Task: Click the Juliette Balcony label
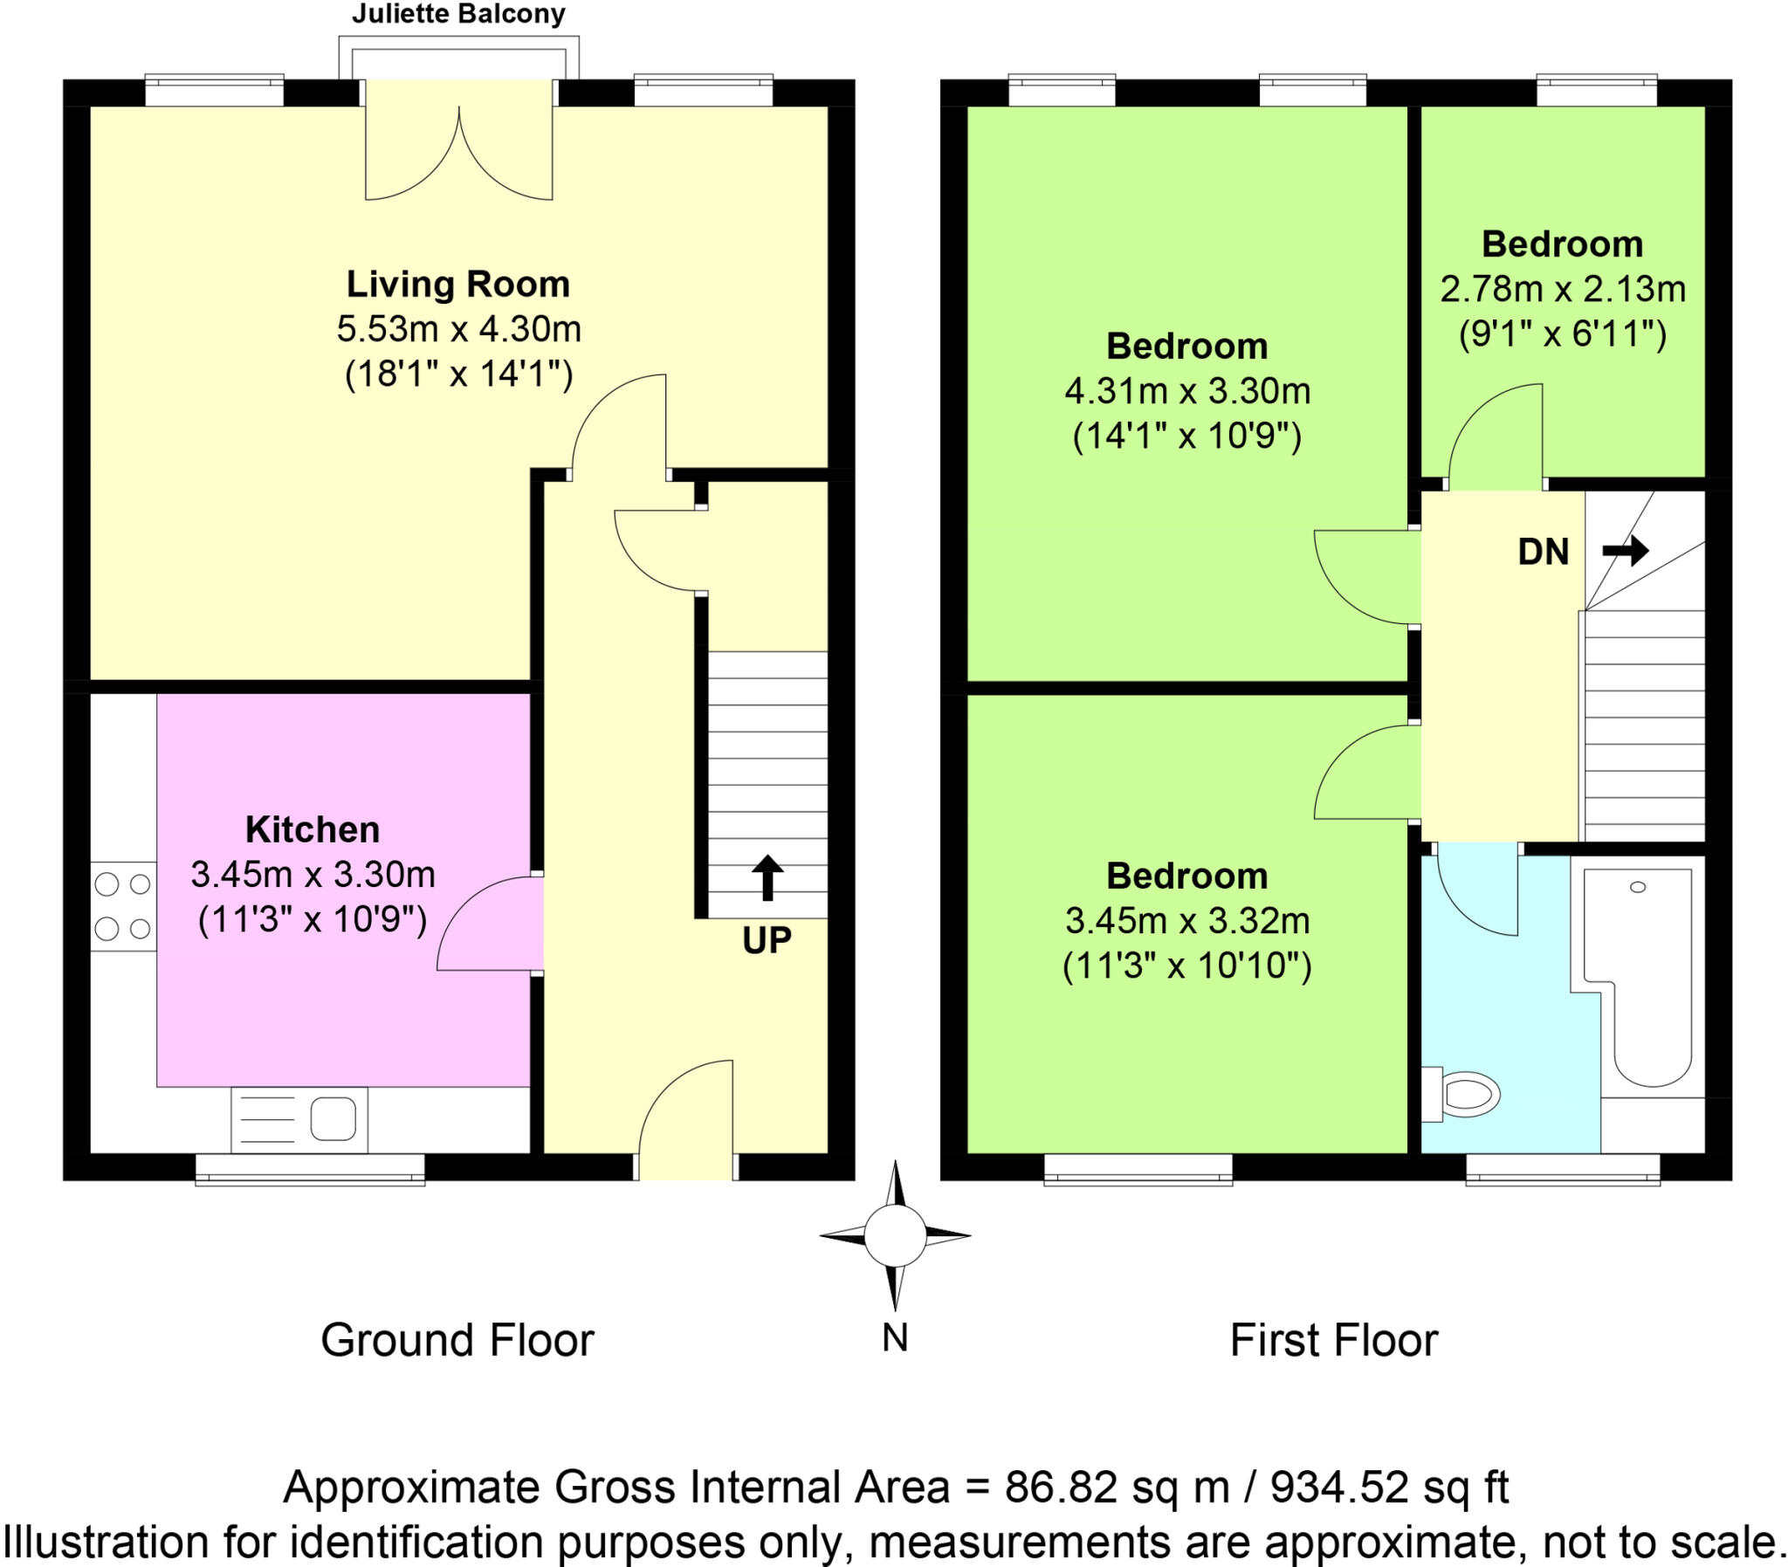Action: [458, 14]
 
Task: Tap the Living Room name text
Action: [458, 285]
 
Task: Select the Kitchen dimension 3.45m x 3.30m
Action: [313, 874]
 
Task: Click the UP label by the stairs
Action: [767, 940]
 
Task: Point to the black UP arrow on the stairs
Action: [767, 877]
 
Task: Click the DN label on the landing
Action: [1544, 552]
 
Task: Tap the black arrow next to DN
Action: [1626, 551]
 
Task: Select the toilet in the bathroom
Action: [1465, 1094]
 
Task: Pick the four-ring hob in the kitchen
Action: [123, 907]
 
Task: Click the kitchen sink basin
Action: [334, 1119]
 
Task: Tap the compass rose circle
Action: [895, 1235]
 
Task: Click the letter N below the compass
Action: [895, 1338]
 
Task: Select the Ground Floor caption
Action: [457, 1340]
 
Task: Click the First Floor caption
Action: [1333, 1340]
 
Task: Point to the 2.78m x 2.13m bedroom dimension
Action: [1563, 290]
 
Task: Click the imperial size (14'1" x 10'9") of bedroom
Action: [1186, 436]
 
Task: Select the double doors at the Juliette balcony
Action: [458, 153]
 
